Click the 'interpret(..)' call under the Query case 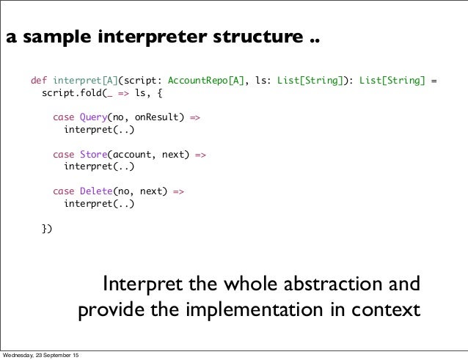[99, 130]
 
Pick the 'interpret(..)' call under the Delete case [99, 205]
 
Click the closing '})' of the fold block [46, 229]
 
